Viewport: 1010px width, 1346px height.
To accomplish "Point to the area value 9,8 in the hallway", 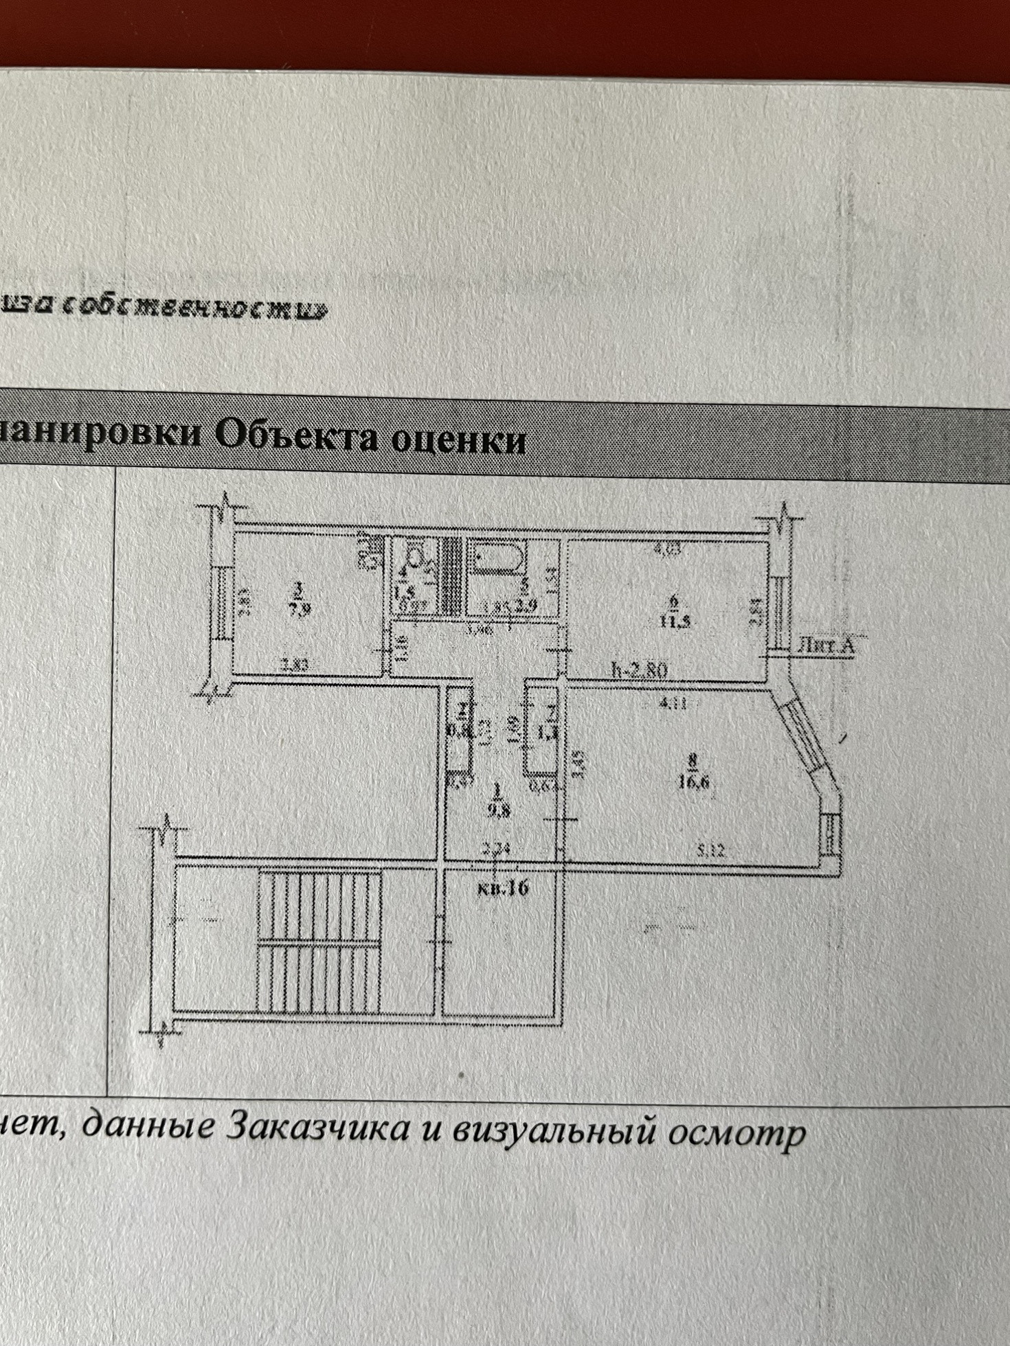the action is [495, 809].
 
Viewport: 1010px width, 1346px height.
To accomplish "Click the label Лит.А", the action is [826, 646].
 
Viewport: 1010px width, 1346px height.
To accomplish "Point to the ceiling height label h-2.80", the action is [639, 670].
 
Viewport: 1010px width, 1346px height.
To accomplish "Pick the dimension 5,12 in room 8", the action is [710, 850].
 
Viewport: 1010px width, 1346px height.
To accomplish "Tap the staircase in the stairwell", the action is [319, 941].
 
